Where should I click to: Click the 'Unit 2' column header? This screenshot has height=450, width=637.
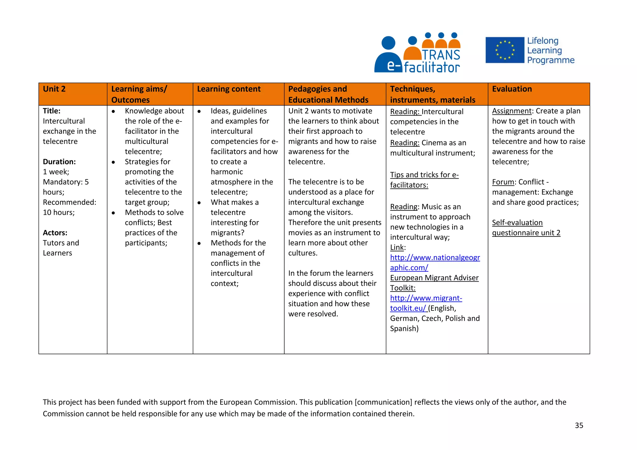click(x=54, y=89)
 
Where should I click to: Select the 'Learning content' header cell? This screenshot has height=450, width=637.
click(x=229, y=89)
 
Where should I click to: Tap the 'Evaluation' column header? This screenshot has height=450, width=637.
click(x=512, y=89)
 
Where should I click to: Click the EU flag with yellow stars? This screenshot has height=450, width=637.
click(x=504, y=50)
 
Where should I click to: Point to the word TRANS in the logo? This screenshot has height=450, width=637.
click(x=441, y=55)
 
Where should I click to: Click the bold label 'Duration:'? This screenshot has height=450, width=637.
click(x=59, y=162)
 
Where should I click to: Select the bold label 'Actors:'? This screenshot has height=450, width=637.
click(x=55, y=233)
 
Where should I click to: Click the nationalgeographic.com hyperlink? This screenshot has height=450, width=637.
click(x=435, y=263)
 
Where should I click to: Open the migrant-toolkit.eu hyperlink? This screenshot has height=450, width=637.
click(x=426, y=303)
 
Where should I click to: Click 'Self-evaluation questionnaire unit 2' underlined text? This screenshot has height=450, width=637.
click(x=526, y=228)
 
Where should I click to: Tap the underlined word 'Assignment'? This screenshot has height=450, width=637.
click(x=512, y=111)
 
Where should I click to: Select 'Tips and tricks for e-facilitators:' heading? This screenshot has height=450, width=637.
click(x=424, y=180)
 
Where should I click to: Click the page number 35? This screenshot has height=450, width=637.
click(x=579, y=425)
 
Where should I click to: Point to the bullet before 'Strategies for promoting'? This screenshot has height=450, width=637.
click(x=114, y=162)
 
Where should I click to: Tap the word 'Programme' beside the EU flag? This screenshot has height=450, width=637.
click(x=551, y=60)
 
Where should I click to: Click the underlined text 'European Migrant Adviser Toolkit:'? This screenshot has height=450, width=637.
click(x=434, y=283)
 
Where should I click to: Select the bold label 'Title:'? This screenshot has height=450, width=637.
click(x=52, y=111)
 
